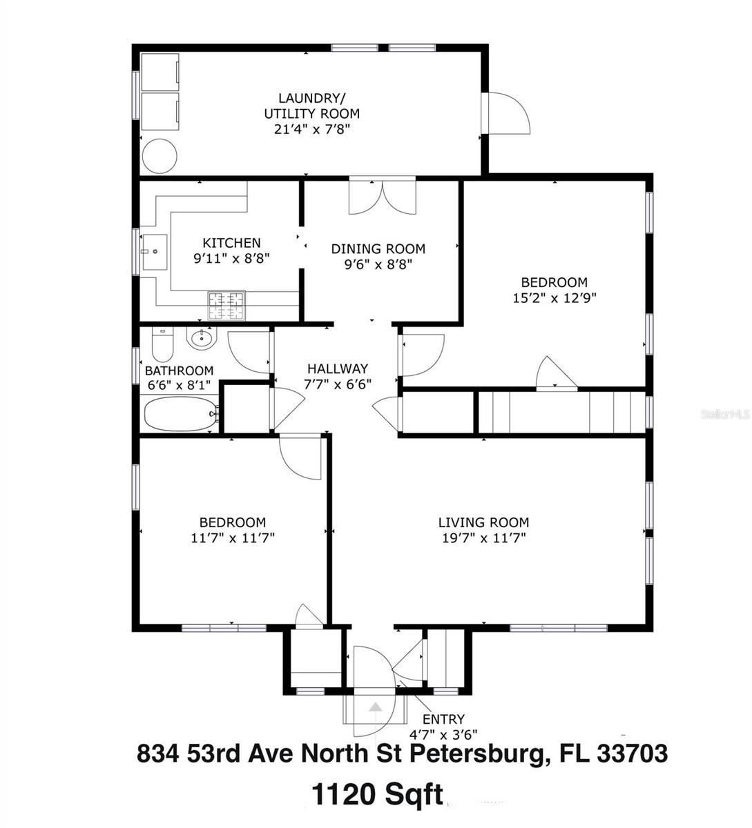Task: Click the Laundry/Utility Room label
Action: pos(311,106)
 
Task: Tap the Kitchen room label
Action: pos(231,243)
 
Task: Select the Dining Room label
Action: pos(378,249)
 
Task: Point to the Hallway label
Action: pos(338,369)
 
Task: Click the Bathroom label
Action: pos(179,371)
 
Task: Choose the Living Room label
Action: pos(483,522)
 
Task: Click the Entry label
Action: pos(448,719)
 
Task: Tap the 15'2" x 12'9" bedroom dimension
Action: pos(554,298)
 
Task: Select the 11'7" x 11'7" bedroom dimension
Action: pos(233,538)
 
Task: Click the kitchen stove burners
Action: pos(226,306)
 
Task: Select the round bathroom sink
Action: pos(202,338)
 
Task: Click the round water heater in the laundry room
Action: pos(159,157)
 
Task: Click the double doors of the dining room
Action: pos(382,197)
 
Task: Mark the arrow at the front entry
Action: pos(374,707)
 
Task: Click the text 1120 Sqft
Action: pos(377,794)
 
